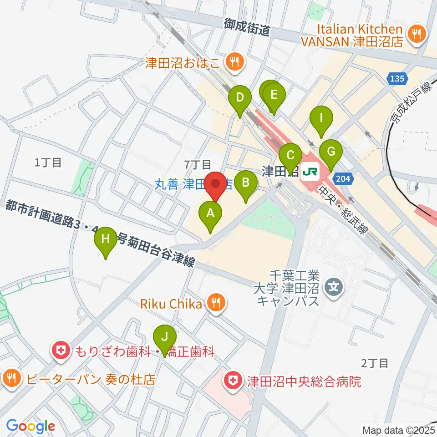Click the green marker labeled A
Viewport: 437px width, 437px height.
click(210, 213)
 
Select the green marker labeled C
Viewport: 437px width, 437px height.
click(290, 156)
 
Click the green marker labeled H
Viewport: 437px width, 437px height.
click(106, 239)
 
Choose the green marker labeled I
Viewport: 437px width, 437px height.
click(321, 118)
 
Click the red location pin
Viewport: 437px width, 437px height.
click(216, 184)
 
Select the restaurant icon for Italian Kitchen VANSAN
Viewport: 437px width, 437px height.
click(416, 33)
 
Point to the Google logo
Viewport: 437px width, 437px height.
click(30, 426)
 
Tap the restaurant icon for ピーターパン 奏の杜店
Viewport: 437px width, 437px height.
click(12, 377)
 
